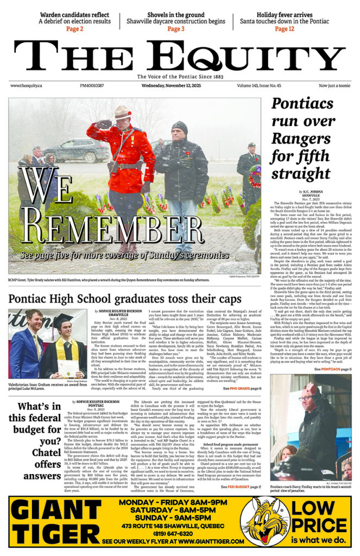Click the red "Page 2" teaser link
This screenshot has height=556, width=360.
(74, 29)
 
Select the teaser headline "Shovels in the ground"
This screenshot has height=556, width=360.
(175, 14)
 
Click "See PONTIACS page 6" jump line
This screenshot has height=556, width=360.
(333, 369)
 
